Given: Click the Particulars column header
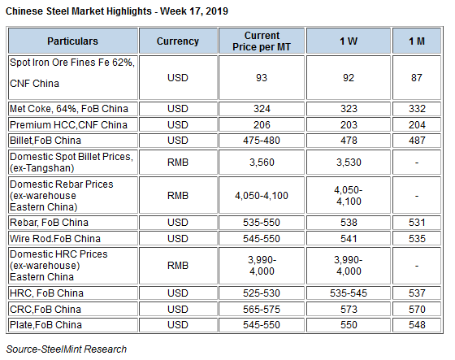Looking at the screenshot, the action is coord(73,41).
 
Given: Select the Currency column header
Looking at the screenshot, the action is coord(178,41).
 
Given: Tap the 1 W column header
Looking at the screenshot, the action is coord(349,41).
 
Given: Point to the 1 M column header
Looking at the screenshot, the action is coord(417,41).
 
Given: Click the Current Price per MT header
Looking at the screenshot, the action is coord(262,41).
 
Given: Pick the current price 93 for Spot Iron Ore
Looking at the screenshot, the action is coord(262,78).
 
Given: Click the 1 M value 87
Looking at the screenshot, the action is coord(417,78).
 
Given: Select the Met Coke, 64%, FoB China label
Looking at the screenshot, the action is coord(69,109).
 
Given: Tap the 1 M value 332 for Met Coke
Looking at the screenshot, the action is coord(417,109).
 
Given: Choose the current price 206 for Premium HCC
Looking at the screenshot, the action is coord(262,125).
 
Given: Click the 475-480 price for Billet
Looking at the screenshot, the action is coord(262,141).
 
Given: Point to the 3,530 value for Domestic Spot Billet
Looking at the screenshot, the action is coord(349,163).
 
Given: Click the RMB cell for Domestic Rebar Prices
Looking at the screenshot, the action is coord(178,196).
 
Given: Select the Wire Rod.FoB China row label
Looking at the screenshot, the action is coord(55,239).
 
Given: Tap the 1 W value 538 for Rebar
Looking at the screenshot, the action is coord(349,223).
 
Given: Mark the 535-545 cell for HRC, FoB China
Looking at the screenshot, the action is coord(349,293).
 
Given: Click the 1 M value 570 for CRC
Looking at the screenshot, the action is coord(417,310).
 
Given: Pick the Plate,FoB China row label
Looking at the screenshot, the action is coord(45,325).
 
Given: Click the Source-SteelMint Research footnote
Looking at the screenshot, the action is coord(67,349).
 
